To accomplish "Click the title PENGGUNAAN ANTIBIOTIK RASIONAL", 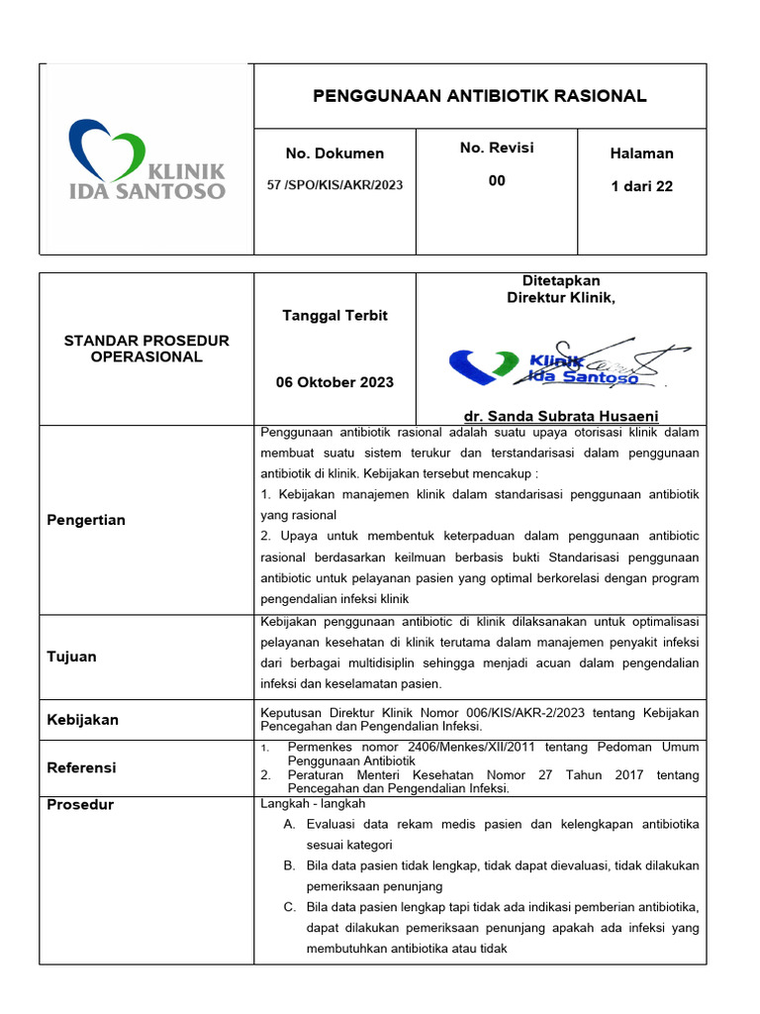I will [x=480, y=96].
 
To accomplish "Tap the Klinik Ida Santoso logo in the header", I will [x=146, y=160].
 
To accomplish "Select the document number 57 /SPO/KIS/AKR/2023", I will [x=335, y=185].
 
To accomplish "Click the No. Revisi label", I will [x=497, y=148].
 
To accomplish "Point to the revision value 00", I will [x=497, y=180].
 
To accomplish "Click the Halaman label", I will [x=642, y=153].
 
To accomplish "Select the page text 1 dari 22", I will [x=642, y=186].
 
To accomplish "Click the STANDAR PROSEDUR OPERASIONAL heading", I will [x=146, y=349].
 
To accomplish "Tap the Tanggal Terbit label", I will [x=335, y=316].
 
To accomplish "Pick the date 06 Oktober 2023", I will [x=335, y=382].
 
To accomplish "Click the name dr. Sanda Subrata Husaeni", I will [x=561, y=416].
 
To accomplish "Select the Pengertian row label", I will [x=86, y=520].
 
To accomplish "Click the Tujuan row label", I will [x=72, y=657].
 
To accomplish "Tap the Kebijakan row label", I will [x=82, y=720].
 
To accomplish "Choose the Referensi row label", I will [x=81, y=767].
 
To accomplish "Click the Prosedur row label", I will [x=80, y=805].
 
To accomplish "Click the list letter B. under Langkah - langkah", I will [x=289, y=865].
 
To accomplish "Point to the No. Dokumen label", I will [x=334, y=153].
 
